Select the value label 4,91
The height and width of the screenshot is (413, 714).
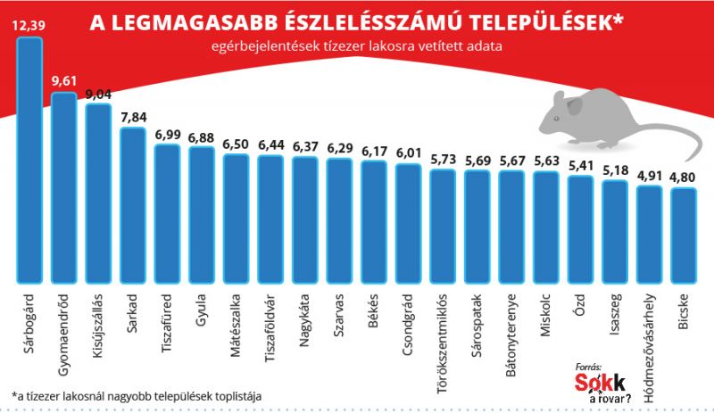tap(649, 176)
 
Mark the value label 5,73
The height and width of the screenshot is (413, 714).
tap(444, 159)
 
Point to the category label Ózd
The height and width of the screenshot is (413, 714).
tap(580, 308)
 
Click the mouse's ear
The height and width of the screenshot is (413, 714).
tap(573, 106)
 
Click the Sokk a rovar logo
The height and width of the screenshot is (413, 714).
tap(603, 383)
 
